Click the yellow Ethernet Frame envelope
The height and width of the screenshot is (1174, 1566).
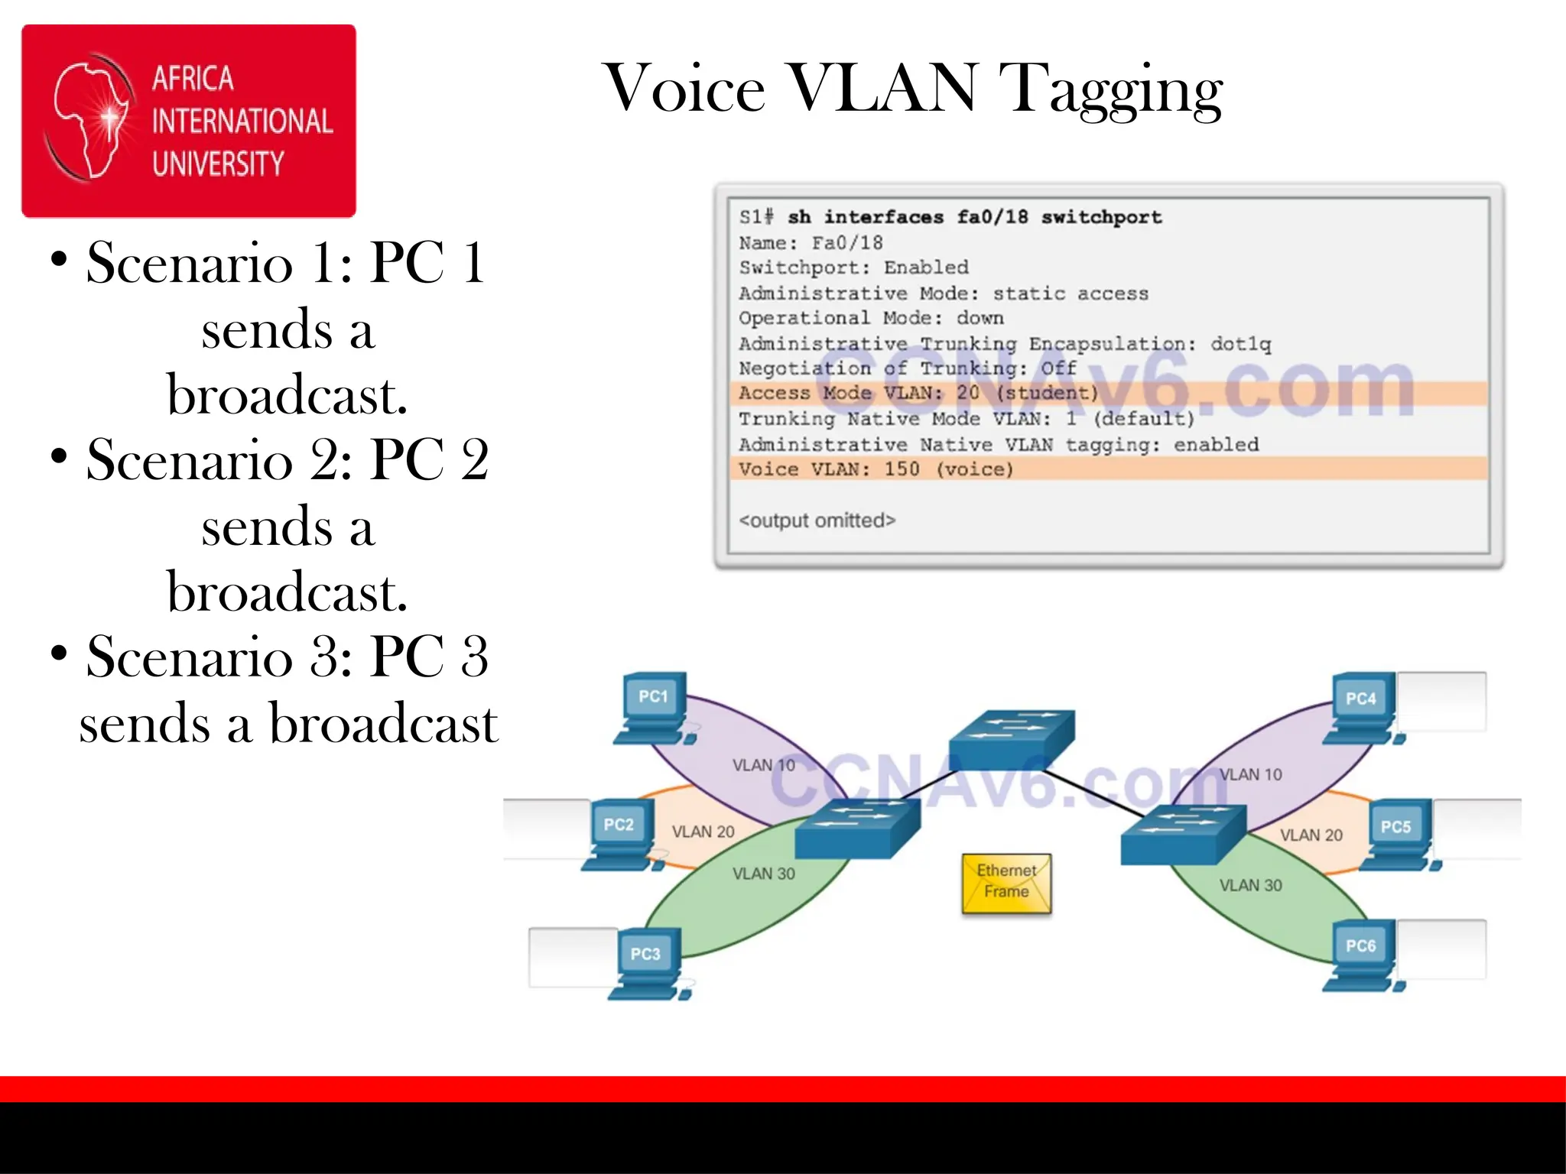pyautogui.click(x=1006, y=884)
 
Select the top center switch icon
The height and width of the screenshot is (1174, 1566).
pyautogui.click(x=1012, y=738)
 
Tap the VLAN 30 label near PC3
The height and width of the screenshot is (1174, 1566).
pyautogui.click(x=763, y=874)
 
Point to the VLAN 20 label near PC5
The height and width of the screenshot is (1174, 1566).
pyautogui.click(x=1311, y=835)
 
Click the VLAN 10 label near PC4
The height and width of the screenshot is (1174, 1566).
pyautogui.click(x=1250, y=774)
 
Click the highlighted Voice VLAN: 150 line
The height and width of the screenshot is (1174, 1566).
pyautogui.click(x=876, y=469)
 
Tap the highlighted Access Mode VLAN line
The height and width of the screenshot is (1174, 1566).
pyautogui.click(x=918, y=393)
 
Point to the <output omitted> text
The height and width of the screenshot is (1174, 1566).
pyautogui.click(x=817, y=521)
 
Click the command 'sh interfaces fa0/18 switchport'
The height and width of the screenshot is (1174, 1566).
pyautogui.click(x=974, y=217)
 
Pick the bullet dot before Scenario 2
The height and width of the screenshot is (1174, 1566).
pyautogui.click(x=59, y=456)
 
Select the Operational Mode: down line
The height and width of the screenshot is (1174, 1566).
pyautogui.click(x=871, y=318)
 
